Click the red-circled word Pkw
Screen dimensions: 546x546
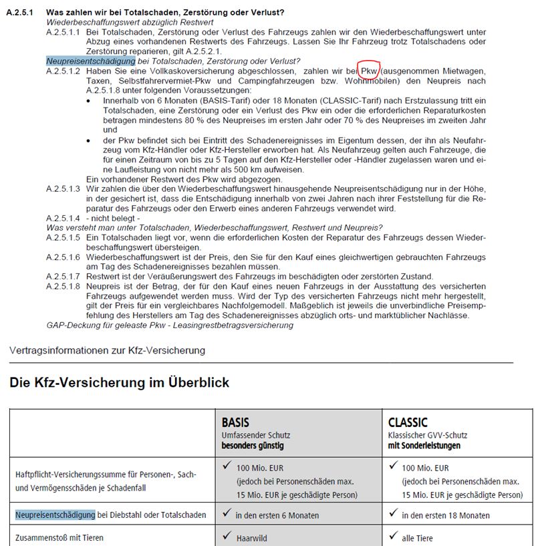click(x=370, y=71)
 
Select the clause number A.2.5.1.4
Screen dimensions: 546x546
click(x=63, y=219)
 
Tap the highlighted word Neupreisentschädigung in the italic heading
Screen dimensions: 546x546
click(x=90, y=61)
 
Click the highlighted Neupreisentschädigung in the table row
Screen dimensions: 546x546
click(x=55, y=515)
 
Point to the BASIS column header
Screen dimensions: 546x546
click(x=235, y=422)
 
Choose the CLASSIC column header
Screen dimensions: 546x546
click(x=408, y=422)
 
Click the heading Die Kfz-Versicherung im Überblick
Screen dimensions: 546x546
click(x=119, y=383)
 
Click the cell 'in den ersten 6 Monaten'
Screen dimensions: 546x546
click(x=277, y=515)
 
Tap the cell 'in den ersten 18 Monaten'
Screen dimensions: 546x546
click(x=446, y=515)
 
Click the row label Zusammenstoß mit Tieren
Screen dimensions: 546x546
click(x=59, y=537)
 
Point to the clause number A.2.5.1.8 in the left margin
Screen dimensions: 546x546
click(x=63, y=286)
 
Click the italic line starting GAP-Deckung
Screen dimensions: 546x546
click(x=170, y=325)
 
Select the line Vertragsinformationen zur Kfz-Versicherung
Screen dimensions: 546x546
click(x=107, y=350)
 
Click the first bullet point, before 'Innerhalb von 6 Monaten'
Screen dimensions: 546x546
click(x=90, y=100)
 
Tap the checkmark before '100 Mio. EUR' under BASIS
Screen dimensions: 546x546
click(x=227, y=466)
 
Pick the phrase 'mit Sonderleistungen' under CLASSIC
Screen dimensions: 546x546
click(x=424, y=445)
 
